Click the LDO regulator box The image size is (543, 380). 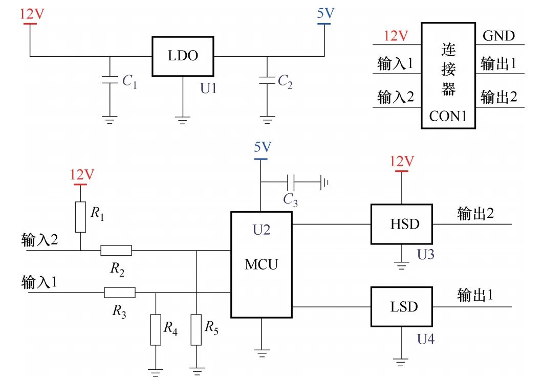(183, 57)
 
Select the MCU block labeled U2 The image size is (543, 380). (261, 264)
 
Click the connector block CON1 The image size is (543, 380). (448, 76)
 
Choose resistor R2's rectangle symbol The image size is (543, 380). (116, 251)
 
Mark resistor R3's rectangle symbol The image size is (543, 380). (120, 293)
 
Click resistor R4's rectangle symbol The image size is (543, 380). (155, 330)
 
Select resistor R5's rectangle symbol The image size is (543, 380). (197, 330)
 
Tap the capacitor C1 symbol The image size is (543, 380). (109, 80)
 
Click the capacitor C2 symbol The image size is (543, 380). (266, 80)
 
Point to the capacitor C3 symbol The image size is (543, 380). (291, 182)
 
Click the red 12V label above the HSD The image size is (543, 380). (402, 162)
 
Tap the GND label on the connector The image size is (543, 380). (498, 36)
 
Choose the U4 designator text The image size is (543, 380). (425, 339)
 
